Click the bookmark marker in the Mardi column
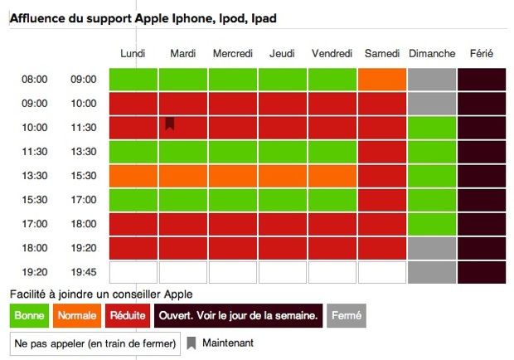coord(170,124)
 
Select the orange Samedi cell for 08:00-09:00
coord(382,80)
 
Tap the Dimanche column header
coord(432,53)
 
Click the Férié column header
coord(481,53)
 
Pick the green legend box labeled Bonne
coord(29,315)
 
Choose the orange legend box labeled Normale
coord(77,315)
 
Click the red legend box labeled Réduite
coord(128,315)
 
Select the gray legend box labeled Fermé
coord(347,315)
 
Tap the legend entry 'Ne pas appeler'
coord(95,343)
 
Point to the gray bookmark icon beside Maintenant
coord(192,343)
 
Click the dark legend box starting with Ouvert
coord(238,315)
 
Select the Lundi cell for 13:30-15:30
coord(133,176)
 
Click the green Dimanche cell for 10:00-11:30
coord(432,128)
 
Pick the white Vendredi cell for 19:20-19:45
coord(332,272)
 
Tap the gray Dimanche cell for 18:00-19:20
coord(432,248)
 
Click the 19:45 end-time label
coord(84,272)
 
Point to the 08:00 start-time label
coord(35,80)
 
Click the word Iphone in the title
coord(193,18)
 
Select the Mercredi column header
coord(233,53)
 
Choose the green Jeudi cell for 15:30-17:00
coord(283,200)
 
